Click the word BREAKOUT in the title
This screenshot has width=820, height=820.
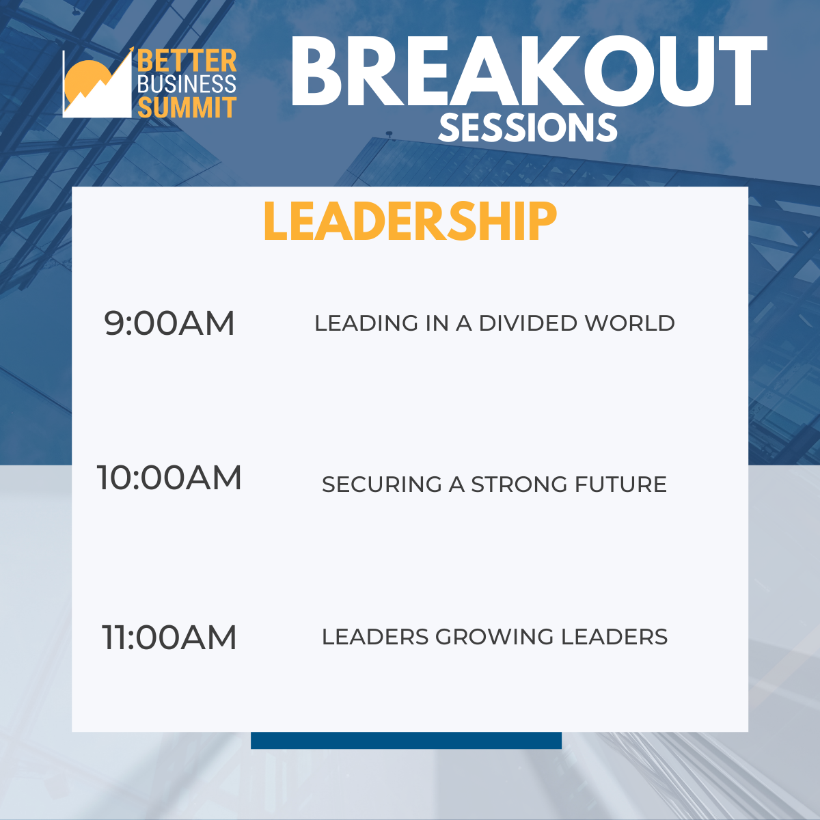point(528,71)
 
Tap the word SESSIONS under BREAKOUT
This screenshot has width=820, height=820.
point(528,128)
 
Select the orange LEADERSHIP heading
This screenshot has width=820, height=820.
point(410,221)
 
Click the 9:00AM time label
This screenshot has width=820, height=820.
point(169,323)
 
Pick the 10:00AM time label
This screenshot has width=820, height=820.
point(169,478)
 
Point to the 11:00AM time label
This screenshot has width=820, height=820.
point(169,637)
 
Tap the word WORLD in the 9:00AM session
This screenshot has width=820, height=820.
point(630,323)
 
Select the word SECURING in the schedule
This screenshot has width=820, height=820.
point(382,484)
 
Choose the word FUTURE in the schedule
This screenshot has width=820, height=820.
point(620,484)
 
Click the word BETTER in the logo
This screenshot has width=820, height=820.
point(187,61)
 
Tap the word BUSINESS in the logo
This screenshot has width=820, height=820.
point(187,84)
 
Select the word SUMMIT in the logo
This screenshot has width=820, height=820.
point(187,107)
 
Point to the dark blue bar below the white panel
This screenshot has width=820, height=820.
point(406,740)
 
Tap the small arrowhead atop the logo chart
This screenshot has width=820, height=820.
point(131,50)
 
